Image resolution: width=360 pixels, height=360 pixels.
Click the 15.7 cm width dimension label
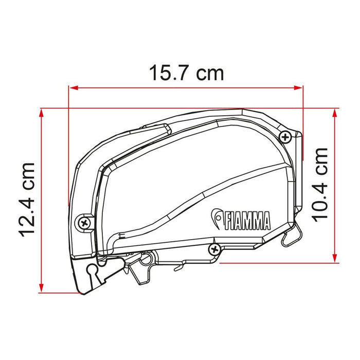point(186,73)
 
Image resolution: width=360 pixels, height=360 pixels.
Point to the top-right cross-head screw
point(285,137)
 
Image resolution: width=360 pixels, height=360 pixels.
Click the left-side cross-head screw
point(84,223)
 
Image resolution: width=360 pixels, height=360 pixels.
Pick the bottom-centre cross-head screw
point(214,249)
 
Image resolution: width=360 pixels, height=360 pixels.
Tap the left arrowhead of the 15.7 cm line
point(74,88)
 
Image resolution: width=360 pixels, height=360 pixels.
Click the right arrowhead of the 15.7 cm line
point(298,88)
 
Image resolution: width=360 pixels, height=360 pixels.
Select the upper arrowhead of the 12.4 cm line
point(41,113)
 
